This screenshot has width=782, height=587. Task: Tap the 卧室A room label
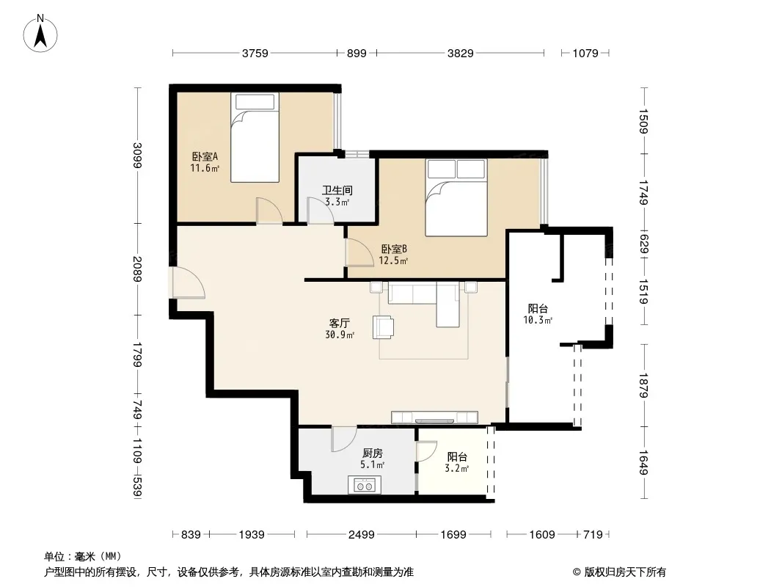(x=205, y=156)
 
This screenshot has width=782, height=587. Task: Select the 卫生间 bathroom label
(x=337, y=190)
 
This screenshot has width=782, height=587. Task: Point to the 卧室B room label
(x=394, y=249)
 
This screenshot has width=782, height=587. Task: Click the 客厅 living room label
(x=339, y=323)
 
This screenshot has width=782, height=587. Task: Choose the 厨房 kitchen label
(x=373, y=453)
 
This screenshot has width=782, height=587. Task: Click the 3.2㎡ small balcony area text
(x=457, y=468)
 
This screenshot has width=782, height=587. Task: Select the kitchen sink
(x=365, y=485)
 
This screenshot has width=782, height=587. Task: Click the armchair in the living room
(x=383, y=327)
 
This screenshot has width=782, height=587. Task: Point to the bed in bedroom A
(x=255, y=137)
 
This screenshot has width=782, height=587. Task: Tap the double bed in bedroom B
(x=456, y=197)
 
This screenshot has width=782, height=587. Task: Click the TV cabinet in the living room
(x=434, y=418)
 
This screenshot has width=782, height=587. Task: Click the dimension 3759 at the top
(x=255, y=53)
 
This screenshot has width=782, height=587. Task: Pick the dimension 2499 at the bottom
(x=361, y=535)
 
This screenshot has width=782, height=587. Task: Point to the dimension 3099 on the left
(x=138, y=155)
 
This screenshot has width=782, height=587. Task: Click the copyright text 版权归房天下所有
(x=625, y=572)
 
